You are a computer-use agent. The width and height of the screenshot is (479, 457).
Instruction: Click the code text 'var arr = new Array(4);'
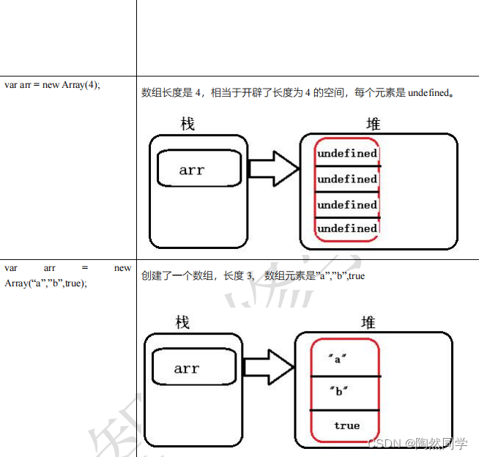click(52, 84)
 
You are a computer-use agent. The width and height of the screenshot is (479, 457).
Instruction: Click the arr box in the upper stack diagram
click(199, 170)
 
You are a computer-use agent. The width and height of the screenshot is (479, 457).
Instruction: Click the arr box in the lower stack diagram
click(193, 368)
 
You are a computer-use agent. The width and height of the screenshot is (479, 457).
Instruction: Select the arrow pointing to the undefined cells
click(273, 170)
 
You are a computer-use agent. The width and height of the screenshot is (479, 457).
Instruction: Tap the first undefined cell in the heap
click(347, 154)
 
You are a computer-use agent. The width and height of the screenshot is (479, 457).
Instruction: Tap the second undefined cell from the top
click(347, 179)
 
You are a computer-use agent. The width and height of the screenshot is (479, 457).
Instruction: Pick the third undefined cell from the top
click(347, 204)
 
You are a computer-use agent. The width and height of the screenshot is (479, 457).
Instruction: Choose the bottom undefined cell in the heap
click(347, 228)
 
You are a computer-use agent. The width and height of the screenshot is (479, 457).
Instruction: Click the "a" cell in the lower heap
click(338, 359)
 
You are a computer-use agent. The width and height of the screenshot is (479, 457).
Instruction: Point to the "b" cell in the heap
click(338, 391)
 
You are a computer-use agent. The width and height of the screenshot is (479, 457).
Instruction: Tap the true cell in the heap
click(346, 426)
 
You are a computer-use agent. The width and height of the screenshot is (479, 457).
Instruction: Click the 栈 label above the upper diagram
click(188, 124)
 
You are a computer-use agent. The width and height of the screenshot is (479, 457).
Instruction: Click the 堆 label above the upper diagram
click(374, 124)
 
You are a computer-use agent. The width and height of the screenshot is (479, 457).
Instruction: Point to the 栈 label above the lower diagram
click(183, 322)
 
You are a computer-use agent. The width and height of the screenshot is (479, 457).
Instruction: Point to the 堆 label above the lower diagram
click(369, 322)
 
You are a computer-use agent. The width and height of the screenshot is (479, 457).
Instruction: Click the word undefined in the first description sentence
click(428, 93)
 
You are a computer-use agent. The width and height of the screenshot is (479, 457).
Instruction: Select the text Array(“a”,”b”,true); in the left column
click(45, 283)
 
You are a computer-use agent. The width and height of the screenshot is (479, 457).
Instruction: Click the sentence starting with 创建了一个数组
click(253, 276)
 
